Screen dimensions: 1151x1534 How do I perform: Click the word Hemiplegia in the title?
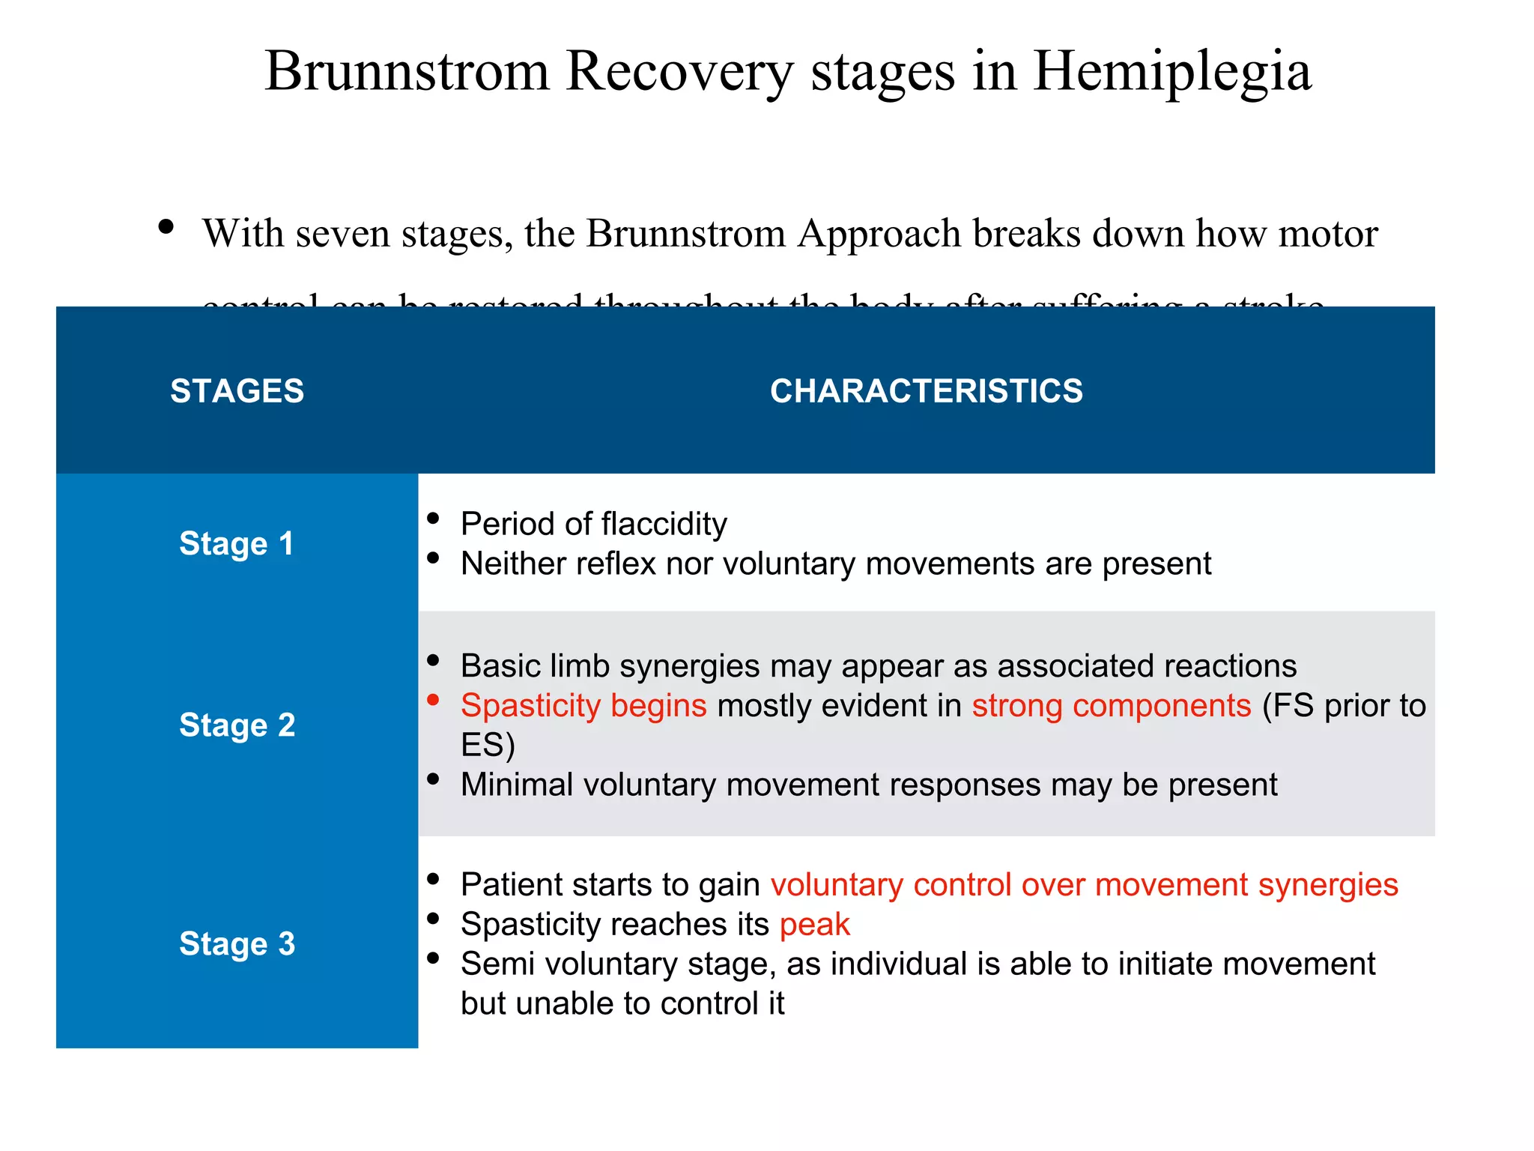[x=1171, y=72]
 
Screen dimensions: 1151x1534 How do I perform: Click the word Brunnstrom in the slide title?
[x=407, y=72]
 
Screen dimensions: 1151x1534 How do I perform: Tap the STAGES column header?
[x=237, y=391]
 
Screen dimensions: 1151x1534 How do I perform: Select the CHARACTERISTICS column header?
[x=926, y=391]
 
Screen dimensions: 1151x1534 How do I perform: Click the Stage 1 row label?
[x=237, y=543]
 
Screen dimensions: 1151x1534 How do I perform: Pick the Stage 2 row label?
[x=237, y=725]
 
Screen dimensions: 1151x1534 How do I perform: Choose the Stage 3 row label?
[x=237, y=943]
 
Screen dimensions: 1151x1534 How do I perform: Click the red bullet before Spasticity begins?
[x=433, y=700]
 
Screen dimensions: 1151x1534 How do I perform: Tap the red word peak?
[x=814, y=925]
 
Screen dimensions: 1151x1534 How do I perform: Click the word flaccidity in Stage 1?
[x=664, y=524]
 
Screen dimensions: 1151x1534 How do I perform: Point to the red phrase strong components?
[x=1112, y=706]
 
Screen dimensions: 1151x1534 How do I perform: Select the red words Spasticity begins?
[x=583, y=706]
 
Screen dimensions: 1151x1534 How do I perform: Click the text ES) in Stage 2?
[x=488, y=746]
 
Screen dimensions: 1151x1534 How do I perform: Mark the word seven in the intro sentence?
[x=344, y=234]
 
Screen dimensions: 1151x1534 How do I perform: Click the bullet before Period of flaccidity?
[x=433, y=519]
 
